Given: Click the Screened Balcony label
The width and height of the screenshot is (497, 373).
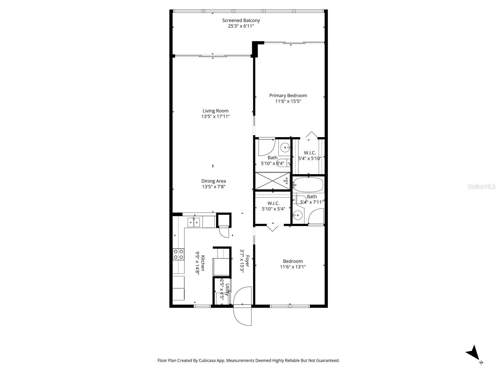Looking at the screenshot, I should tap(241, 21).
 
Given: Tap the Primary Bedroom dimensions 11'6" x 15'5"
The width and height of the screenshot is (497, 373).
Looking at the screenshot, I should tap(288, 101).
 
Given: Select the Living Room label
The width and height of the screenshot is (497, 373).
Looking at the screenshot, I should tap(215, 111).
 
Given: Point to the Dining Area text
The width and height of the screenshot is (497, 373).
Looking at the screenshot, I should tap(214, 181).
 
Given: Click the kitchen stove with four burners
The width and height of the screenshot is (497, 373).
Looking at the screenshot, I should tap(178, 254).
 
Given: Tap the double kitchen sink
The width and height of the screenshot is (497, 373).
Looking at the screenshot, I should tap(194, 222).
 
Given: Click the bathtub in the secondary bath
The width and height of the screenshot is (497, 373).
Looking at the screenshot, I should tap(308, 184).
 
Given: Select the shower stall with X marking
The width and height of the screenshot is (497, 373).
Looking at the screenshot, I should tap(273, 181).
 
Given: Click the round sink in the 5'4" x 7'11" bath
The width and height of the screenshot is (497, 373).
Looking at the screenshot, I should tap(298, 215).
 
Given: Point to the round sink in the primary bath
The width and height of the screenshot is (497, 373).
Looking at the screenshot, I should tap(285, 147).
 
